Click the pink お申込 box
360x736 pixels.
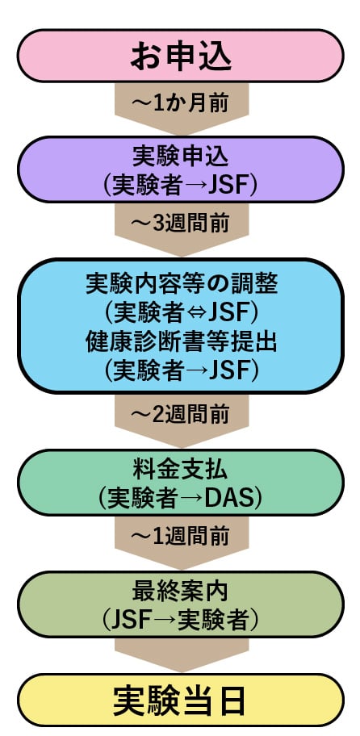tap(180, 56)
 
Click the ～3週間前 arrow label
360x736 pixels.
tap(181, 224)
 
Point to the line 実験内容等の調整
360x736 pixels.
tap(181, 284)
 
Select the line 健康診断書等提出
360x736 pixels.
tap(181, 343)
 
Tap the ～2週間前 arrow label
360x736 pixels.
tap(181, 414)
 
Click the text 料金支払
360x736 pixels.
tap(180, 470)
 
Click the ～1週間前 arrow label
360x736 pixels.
tap(181, 536)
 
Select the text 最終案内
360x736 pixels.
tap(180, 592)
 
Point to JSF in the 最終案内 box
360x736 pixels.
tap(133, 621)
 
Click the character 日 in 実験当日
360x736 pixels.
tap(232, 700)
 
